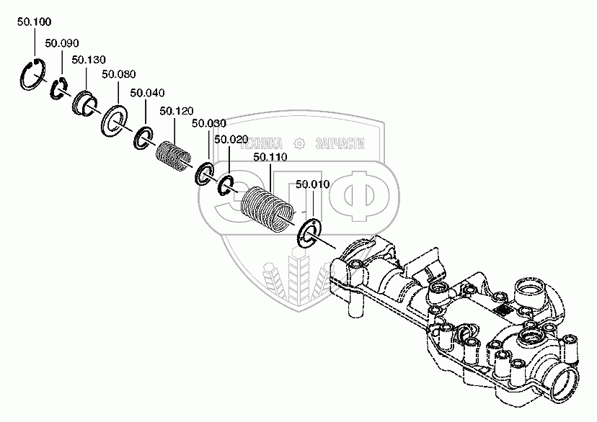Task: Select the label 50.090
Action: point(61,43)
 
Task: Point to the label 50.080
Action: point(118,74)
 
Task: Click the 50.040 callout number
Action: point(146,93)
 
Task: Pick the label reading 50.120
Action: point(176,111)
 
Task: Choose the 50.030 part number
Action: point(209,124)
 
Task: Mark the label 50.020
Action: point(231,139)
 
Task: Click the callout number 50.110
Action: point(270,156)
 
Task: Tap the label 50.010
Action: point(312,184)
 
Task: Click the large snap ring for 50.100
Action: point(32,75)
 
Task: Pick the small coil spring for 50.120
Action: point(173,153)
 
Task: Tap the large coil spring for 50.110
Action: point(266,207)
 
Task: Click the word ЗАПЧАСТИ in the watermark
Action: point(341,143)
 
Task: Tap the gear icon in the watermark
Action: point(299,143)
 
